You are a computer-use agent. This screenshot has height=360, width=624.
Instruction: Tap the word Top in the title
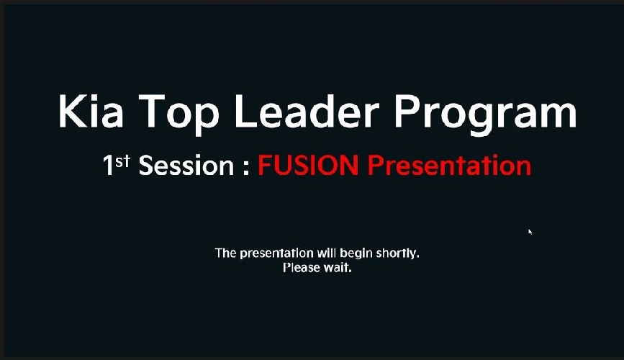pos(178,114)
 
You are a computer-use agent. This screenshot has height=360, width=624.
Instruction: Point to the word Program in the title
pos(485,114)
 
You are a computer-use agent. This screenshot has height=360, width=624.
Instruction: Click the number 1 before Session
pos(108,166)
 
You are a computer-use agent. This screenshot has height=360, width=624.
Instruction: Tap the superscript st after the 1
pos(123,161)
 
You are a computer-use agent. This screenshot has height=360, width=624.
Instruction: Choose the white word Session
pos(186,166)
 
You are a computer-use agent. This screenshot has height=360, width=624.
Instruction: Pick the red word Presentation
pos(449,166)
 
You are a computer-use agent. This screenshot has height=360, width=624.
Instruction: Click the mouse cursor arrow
pos(530,232)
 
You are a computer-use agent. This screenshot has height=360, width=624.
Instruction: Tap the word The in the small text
pos(226,253)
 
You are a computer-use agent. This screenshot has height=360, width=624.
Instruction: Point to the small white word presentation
pos(276,253)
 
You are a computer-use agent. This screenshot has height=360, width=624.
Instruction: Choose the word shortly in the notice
pos(397,253)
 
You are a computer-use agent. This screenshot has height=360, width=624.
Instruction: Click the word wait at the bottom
pos(337,268)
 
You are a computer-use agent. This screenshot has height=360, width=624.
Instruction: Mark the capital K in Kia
pos(72,111)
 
